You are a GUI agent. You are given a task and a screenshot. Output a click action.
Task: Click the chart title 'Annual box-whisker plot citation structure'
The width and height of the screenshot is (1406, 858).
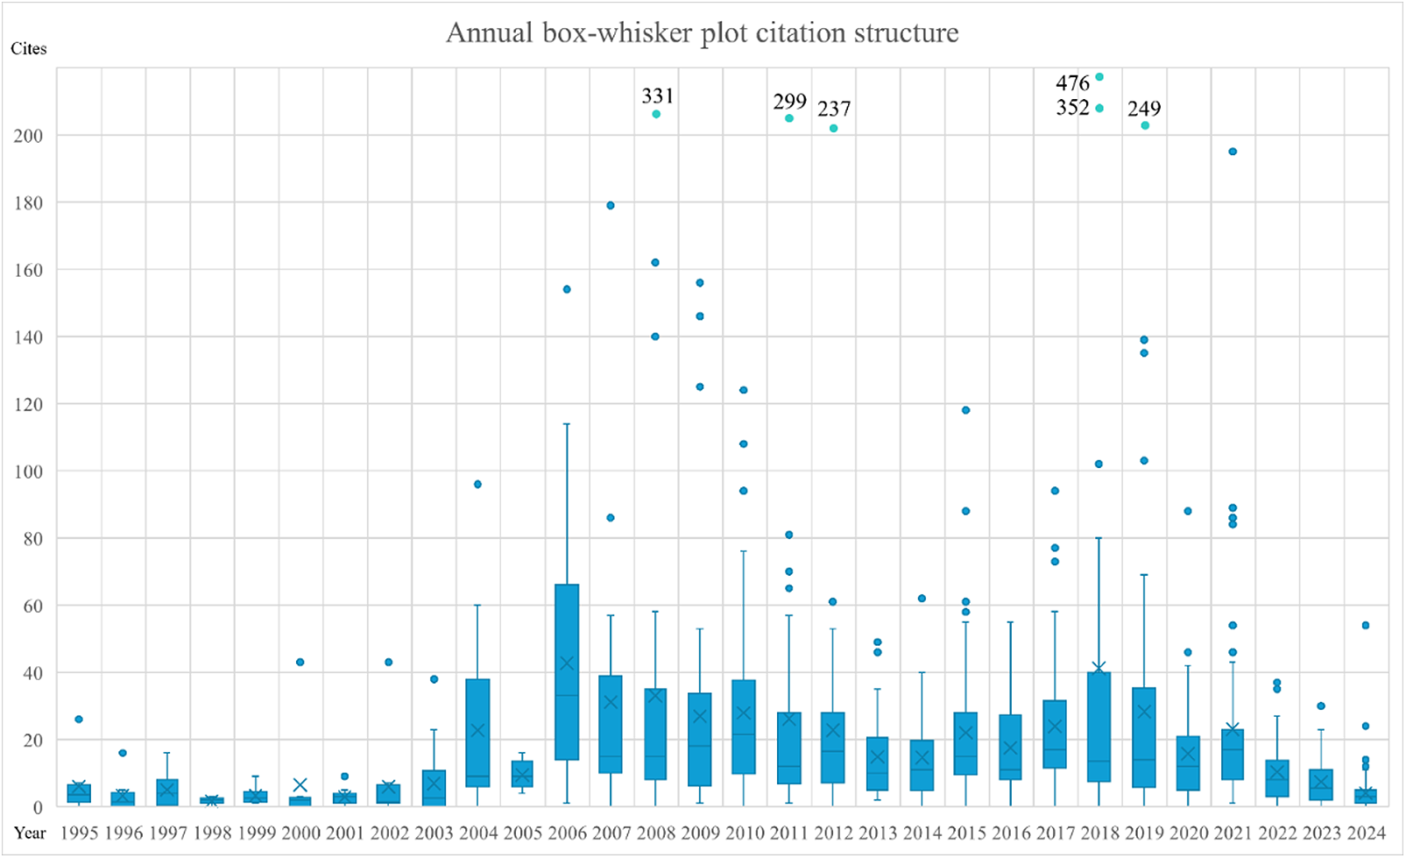pos(702,33)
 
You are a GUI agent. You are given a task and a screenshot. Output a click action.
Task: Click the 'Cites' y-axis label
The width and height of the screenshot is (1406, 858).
pos(28,49)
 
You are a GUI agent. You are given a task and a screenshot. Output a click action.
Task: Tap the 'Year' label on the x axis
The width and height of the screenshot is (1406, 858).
pos(30,833)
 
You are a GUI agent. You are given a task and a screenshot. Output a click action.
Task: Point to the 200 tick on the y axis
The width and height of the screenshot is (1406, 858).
pos(28,136)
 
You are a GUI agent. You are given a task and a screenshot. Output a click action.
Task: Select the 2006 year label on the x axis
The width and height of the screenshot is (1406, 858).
pos(567,833)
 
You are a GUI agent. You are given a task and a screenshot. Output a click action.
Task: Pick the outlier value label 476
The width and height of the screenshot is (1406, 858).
pos(1072,83)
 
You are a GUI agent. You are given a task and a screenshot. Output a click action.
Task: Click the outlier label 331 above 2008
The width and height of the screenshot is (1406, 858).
pos(657,96)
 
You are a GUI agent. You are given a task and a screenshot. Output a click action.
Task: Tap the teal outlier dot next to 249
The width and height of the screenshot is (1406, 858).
pos(1145,125)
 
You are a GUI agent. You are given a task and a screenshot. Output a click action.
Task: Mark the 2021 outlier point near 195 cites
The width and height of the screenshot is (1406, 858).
pos(1233,152)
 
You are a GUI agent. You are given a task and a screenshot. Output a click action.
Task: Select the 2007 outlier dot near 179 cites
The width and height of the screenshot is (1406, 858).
pos(611,206)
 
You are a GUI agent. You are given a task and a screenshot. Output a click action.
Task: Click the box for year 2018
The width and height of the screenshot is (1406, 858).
pos(1099,727)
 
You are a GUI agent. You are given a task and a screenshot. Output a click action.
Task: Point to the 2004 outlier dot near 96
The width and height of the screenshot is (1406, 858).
pos(477,484)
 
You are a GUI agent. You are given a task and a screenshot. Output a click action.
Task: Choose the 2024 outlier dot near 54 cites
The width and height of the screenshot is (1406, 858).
pos(1365,626)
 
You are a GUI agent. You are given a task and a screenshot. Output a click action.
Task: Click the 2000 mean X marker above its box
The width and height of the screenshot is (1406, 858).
pos(300,784)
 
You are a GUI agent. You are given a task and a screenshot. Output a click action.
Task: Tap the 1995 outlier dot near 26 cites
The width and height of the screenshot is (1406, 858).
pos(79,720)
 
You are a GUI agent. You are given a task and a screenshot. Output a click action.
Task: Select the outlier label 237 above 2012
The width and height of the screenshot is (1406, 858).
pos(834,109)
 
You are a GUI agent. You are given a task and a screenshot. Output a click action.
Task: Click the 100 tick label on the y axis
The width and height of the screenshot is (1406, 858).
pos(28,472)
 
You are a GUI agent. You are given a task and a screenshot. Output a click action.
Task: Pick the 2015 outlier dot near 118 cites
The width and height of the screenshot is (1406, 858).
pos(966,410)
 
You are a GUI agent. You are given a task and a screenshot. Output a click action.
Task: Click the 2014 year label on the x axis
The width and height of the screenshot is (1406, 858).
pos(922,833)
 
